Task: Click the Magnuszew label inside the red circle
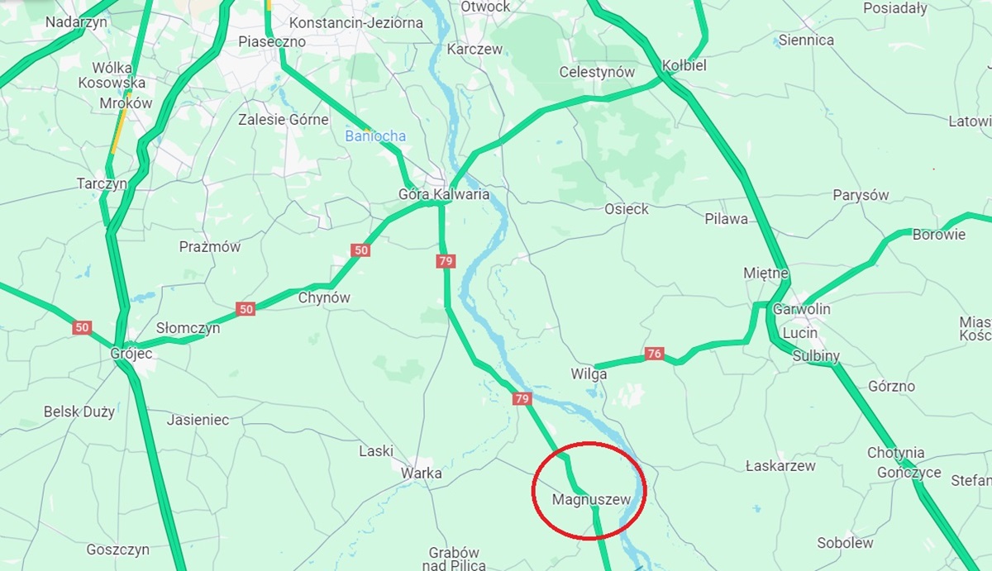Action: coord(585,499)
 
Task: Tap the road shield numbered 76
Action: coord(655,354)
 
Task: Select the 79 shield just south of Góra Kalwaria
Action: coord(446,261)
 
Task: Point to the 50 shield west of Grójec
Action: coord(81,327)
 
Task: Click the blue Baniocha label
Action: coord(375,136)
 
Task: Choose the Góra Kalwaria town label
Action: coord(444,195)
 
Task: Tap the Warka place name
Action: coord(421,473)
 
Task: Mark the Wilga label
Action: coord(589,374)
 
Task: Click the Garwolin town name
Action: coord(802,309)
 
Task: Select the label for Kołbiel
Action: coord(684,65)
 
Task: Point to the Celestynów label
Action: coord(597,72)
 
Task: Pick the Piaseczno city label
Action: coord(272,41)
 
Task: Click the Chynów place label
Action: coord(324,297)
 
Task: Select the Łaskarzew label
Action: coord(780,465)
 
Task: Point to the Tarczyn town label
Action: coord(102,183)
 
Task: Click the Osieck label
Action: coord(627,209)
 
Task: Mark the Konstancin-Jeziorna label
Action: coord(356,23)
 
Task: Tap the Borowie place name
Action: coord(939,234)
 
